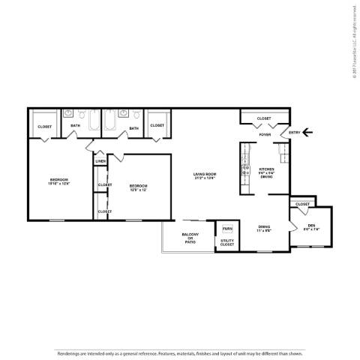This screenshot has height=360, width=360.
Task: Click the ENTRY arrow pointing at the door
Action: [309, 134]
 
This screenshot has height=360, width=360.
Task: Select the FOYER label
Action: [265, 135]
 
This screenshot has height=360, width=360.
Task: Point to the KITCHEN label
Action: [267, 169]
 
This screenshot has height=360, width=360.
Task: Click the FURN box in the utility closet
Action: [227, 228]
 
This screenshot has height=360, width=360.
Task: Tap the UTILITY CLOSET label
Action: [227, 242]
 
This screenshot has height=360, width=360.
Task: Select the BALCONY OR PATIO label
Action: [189, 238]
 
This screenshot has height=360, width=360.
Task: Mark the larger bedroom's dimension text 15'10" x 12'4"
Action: [59, 184]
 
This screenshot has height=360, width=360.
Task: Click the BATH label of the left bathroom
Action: [76, 125]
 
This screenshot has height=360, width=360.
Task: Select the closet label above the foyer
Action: [264, 118]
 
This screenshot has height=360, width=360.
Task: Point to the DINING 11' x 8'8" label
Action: [264, 228]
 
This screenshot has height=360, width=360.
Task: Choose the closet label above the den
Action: [302, 204]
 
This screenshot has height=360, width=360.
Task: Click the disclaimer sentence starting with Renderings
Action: [180, 352]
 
